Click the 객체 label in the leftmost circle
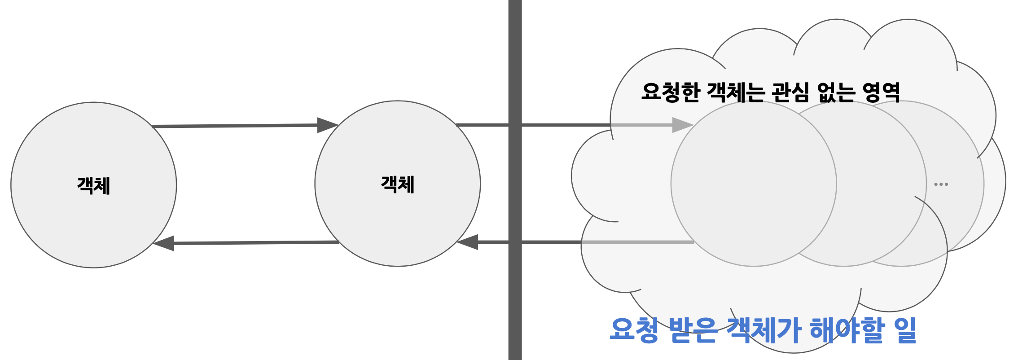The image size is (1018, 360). point(93,185)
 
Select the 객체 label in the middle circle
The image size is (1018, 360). point(397,184)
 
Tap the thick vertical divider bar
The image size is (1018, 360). point(515,180)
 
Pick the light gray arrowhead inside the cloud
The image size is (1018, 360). point(682,125)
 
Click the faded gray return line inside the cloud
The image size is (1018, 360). point(637,242)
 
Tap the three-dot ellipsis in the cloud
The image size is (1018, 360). point(941,184)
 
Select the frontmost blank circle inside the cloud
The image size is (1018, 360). point(753,184)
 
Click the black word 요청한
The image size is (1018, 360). point(671,92)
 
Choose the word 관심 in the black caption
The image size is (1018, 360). point(790,92)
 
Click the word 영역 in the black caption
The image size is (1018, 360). point(882,92)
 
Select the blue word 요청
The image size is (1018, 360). point(634,330)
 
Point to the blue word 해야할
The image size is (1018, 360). point(847,330)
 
